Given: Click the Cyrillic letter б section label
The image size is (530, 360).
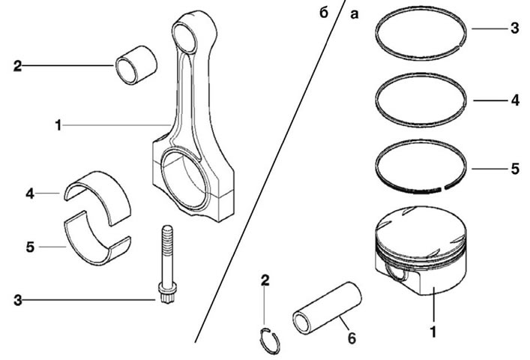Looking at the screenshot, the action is (x=324, y=13).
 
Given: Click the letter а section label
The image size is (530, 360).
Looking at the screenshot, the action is (x=355, y=14).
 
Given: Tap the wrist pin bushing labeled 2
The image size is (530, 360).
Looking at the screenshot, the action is (x=136, y=65).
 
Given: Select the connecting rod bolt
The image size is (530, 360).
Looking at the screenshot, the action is (x=167, y=264).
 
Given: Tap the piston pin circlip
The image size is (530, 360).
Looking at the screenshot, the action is (x=270, y=340).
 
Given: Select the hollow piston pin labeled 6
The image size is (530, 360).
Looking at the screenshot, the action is (x=327, y=308).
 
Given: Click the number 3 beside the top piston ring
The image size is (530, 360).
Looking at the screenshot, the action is (x=514, y=28).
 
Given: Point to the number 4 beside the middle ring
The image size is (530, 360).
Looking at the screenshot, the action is (x=515, y=100).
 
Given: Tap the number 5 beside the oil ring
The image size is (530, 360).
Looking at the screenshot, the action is (x=515, y=169).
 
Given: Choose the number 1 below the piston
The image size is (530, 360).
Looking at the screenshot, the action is (x=433, y=331).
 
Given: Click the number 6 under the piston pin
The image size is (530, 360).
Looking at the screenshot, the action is (x=352, y=338).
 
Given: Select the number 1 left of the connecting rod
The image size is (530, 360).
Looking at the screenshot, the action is (x=58, y=125).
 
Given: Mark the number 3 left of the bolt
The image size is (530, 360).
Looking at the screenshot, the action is (x=17, y=300).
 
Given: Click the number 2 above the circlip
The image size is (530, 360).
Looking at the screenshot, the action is (x=265, y=280).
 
